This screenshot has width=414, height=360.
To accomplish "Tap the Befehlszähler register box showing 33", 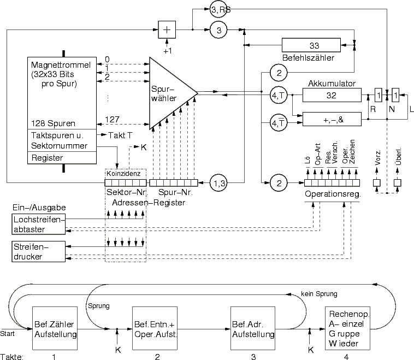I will (x=314, y=45).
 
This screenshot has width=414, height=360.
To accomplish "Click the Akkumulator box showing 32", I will (x=331, y=95).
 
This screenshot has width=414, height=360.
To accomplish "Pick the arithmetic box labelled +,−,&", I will (x=331, y=120).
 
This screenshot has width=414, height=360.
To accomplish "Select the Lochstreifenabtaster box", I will (x=37, y=223).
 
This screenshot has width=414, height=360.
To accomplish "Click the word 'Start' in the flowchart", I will (x=8, y=332).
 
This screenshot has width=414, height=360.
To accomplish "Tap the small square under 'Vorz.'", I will (x=376, y=183).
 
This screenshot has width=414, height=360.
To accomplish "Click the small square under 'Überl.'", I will (x=397, y=183).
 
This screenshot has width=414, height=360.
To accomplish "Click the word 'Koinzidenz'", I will (x=126, y=173).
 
